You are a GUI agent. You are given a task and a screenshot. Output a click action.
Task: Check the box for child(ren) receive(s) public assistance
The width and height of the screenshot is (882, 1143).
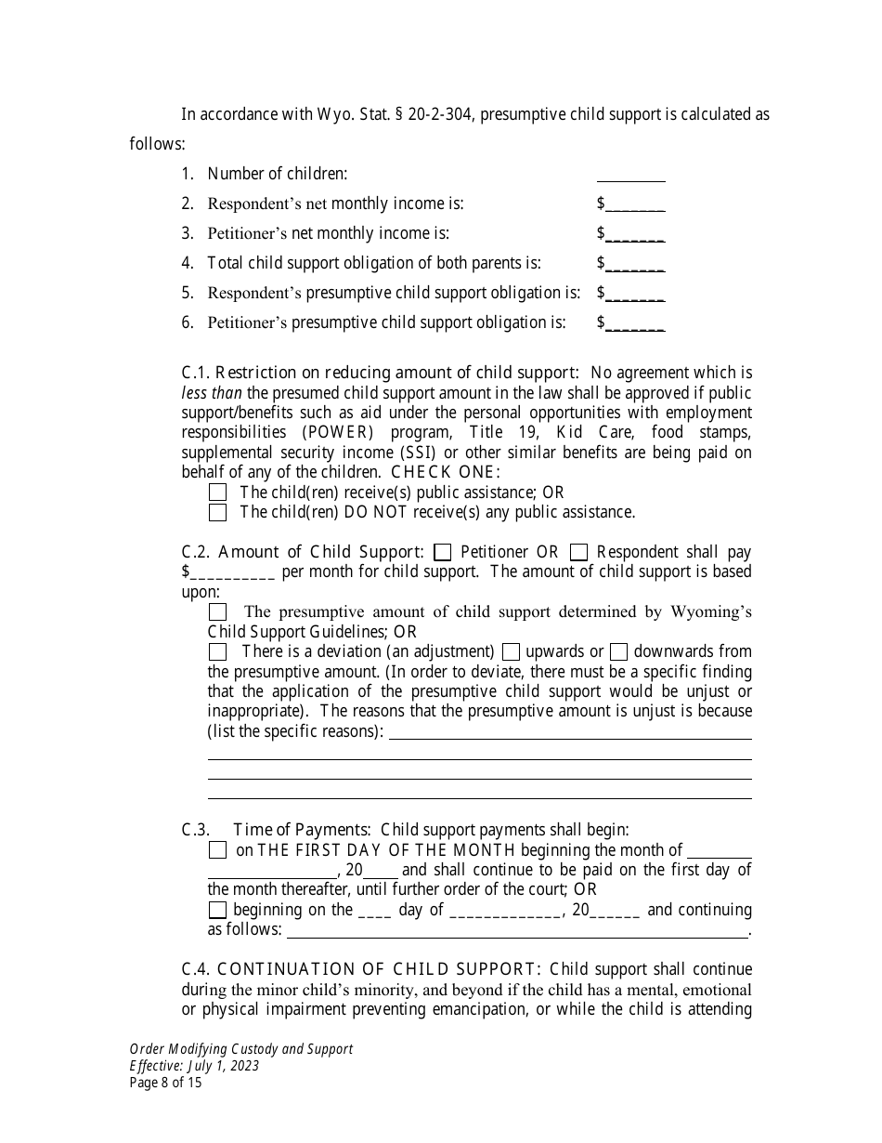pos(217,493)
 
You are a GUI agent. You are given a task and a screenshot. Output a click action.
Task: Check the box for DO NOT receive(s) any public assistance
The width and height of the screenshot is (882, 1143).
pos(217,512)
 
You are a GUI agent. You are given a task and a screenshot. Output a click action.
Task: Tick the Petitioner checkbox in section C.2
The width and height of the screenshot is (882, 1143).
pos(443,553)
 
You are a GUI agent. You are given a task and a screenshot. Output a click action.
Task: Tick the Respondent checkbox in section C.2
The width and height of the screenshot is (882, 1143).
pos(578,553)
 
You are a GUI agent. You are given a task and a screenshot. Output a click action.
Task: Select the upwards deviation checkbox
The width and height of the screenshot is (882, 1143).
pos(510,652)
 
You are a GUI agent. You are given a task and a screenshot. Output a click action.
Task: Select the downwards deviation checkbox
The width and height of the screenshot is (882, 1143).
pos(618,652)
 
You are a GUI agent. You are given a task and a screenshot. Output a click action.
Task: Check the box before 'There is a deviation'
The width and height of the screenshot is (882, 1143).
pos(217,652)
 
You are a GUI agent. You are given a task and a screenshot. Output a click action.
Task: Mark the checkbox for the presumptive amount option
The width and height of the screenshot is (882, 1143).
pos(217,612)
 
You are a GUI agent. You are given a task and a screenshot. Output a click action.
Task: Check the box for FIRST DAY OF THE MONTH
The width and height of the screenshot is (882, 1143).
pos(217,850)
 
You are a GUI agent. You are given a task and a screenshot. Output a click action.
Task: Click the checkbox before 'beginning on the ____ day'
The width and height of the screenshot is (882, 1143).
pos(217,911)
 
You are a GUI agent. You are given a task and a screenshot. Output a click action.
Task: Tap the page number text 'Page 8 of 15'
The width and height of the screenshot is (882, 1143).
pos(165,1083)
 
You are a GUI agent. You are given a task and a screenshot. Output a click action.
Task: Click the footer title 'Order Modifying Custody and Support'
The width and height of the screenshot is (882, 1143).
pos(240,1049)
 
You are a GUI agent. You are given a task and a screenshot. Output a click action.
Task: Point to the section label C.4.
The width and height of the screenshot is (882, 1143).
pos(196,969)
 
